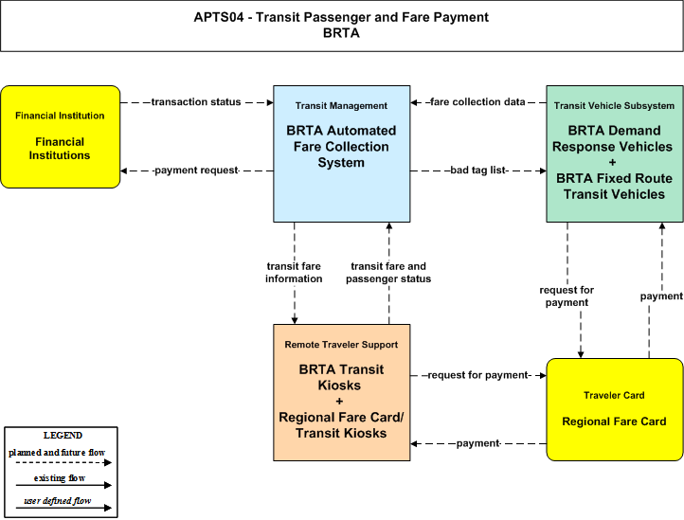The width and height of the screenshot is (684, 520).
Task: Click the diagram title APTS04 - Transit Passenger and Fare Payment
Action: [341, 17]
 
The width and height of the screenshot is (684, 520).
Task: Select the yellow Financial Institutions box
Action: [61, 137]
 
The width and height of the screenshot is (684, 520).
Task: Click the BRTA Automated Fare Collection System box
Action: [342, 154]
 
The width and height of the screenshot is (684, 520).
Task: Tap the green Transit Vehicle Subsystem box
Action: [615, 154]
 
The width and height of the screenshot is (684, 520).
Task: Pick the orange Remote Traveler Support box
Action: [342, 392]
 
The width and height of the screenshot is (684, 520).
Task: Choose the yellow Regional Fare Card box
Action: [615, 409]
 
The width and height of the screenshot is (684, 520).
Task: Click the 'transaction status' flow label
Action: [196, 102]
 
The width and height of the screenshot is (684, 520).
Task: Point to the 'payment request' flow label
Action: [196, 170]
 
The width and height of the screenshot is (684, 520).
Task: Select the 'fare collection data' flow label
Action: [477, 102]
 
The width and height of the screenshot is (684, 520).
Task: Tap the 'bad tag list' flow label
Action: [478, 170]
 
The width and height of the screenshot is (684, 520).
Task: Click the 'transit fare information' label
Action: [294, 273]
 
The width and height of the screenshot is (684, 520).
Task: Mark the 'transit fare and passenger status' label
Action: [388, 273]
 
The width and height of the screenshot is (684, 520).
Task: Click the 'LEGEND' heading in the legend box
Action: [63, 436]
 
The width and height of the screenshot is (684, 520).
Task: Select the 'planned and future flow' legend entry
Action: [57, 453]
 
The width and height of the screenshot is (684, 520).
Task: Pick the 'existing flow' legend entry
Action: [60, 478]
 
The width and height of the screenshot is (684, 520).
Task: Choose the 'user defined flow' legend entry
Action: [58, 501]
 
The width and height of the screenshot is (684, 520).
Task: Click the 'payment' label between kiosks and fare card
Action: [478, 443]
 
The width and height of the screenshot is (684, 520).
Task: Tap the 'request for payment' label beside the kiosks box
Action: [478, 375]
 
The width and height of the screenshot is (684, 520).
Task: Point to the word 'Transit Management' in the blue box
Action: [341, 105]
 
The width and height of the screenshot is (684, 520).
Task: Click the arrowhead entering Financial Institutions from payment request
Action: [123, 170]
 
